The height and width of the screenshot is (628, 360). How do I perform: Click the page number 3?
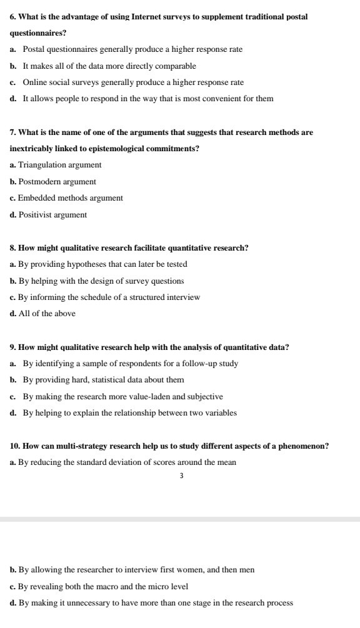point(181,476)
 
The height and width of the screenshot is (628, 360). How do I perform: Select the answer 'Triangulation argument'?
point(60,165)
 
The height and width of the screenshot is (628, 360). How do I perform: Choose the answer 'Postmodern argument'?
point(57,182)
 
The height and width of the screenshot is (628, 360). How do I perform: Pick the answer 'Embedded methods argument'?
point(71,198)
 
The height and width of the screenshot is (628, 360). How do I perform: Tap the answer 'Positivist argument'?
point(52,215)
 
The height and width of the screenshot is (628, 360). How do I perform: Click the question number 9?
point(13,347)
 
